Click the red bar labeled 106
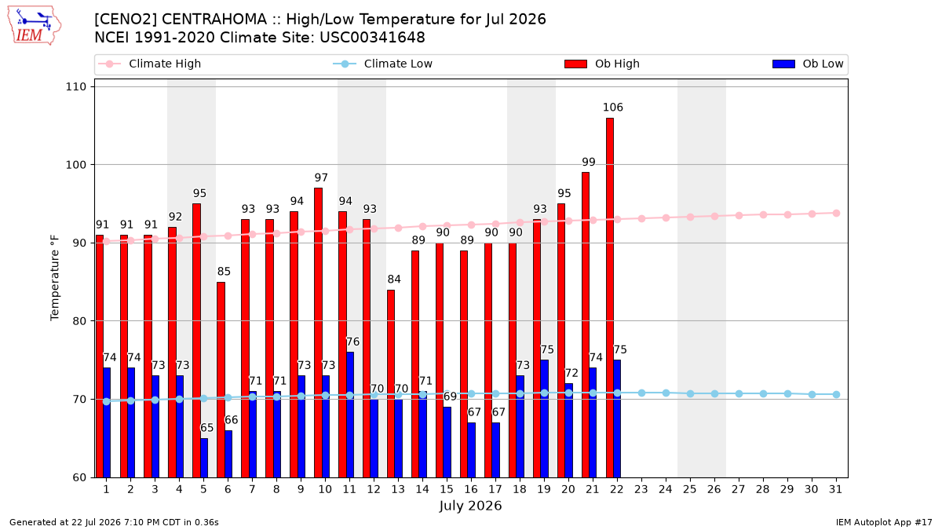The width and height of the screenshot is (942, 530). coord(610,298)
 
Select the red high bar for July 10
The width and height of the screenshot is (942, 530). coord(319,333)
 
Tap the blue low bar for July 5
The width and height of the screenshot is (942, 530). coord(204,458)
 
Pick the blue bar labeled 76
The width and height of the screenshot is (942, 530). coord(350,415)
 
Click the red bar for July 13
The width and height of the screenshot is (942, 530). coord(391,384)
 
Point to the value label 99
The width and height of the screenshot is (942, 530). coord(589,162)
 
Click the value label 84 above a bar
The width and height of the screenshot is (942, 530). coord(394,280)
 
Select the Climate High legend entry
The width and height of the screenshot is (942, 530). coord(150,64)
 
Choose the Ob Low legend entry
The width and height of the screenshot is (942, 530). coord(808,64)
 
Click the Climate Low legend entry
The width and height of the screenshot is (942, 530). coord(383,64)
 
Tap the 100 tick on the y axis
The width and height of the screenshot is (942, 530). coord(75,165)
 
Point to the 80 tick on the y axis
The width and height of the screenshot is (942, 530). coord(78,321)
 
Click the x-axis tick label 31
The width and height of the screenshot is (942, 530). coord(835,490)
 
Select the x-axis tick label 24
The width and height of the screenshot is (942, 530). coord(666,490)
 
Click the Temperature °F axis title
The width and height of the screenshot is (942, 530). coord(55,278)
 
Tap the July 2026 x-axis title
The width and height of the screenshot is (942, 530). coord(470,506)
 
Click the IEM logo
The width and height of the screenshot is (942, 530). coord(35,26)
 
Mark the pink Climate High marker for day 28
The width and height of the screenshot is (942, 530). coord(763,215)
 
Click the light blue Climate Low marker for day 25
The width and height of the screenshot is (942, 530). coord(690,393)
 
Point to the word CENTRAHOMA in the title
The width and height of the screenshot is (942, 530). coord(214,20)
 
